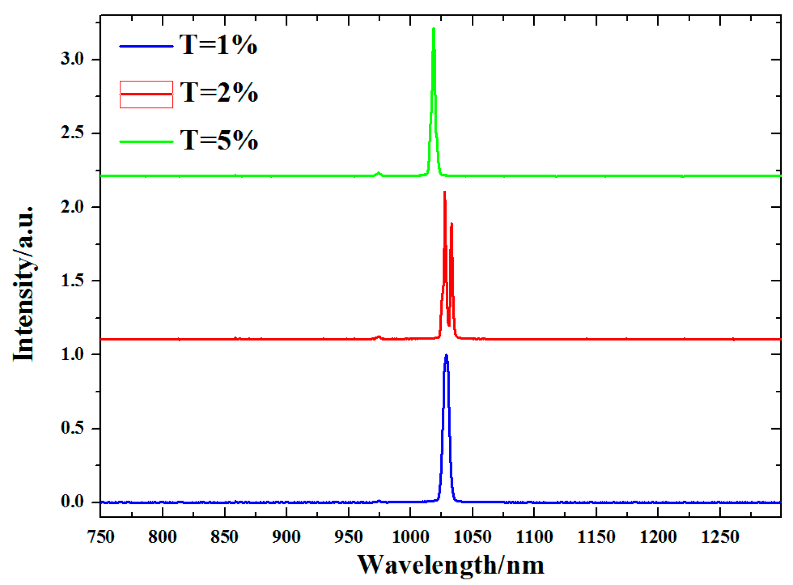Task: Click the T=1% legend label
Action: click(x=219, y=45)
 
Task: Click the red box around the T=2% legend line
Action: click(x=146, y=94)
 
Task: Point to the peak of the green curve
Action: click(x=433, y=29)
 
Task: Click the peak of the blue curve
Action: click(x=446, y=356)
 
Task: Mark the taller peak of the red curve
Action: click(x=444, y=193)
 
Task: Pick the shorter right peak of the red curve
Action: click(x=452, y=224)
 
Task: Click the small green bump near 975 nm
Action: click(x=379, y=173)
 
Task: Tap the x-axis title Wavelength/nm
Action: click(x=450, y=565)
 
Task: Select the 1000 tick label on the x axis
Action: click(x=410, y=537)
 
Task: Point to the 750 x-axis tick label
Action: click(x=101, y=537)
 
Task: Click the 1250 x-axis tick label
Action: click(x=720, y=537)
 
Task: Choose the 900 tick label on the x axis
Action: click(x=286, y=537)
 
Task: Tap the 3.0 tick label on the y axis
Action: click(x=72, y=59)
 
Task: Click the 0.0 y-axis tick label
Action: click(x=72, y=502)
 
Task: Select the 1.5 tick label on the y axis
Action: click(x=72, y=281)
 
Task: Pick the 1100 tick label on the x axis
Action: click(x=534, y=537)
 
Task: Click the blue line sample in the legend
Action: click(x=146, y=46)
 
